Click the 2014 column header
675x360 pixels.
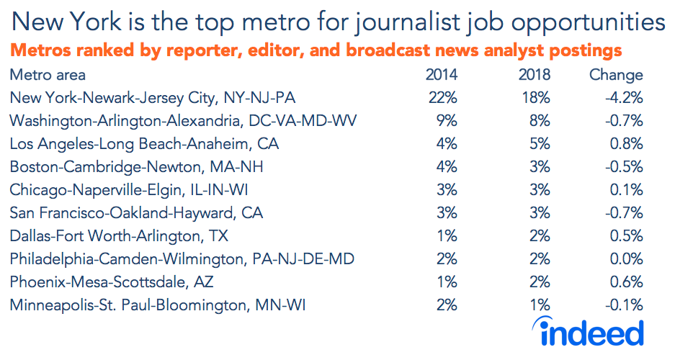tap(441, 75)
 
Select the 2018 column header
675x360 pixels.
tap(534, 75)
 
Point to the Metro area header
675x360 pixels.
tap(48, 75)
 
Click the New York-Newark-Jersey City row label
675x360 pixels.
tap(153, 97)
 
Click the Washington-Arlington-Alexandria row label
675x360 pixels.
tap(184, 120)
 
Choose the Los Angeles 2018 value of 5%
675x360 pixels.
tap(540, 143)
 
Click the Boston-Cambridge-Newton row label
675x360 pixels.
tap(137, 166)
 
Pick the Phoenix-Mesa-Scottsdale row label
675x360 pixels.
tap(112, 282)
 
